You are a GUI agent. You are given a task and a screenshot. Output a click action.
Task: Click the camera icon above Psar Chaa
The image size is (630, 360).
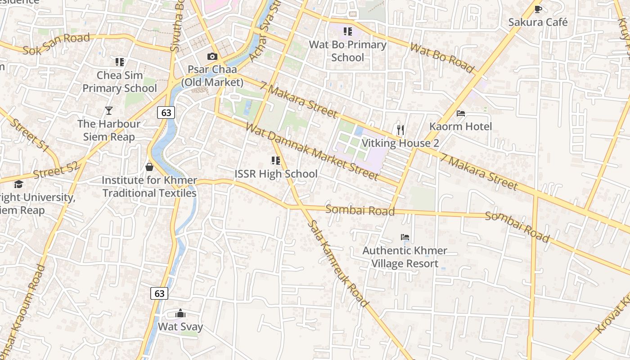[x=212, y=57]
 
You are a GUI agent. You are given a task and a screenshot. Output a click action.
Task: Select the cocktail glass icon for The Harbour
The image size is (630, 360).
[x=108, y=110]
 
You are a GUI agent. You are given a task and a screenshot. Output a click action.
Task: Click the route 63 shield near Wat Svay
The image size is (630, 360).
[x=159, y=293]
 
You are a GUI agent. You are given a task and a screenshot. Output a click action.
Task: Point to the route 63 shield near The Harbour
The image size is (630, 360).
[x=166, y=112]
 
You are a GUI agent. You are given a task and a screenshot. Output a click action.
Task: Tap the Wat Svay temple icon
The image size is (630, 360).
[x=180, y=313]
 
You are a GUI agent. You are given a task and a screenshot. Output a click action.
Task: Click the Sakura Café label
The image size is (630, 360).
[x=538, y=22]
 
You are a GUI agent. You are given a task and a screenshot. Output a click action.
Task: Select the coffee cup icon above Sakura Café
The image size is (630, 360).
[x=538, y=9]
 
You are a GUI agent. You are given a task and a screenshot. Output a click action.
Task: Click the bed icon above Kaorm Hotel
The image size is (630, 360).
[x=461, y=113]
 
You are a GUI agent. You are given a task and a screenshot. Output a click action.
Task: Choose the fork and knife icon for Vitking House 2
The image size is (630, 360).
[x=400, y=130]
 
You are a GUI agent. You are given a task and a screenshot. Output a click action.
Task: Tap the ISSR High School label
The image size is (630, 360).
[x=276, y=174]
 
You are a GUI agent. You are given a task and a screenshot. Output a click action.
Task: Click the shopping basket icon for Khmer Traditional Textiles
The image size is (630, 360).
[x=149, y=167]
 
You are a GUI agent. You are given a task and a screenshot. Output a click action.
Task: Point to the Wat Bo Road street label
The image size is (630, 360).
[x=442, y=58]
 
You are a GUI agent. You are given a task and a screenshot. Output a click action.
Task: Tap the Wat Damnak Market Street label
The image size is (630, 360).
[x=311, y=151]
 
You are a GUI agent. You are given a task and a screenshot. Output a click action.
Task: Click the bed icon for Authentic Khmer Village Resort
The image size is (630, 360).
[x=405, y=237]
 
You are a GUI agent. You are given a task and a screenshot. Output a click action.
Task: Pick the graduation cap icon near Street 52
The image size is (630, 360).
[x=18, y=184]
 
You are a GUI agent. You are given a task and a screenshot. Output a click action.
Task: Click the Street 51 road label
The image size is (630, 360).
[x=29, y=135]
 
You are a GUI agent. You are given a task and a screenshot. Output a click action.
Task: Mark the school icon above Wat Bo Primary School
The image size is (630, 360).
[x=347, y=31]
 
